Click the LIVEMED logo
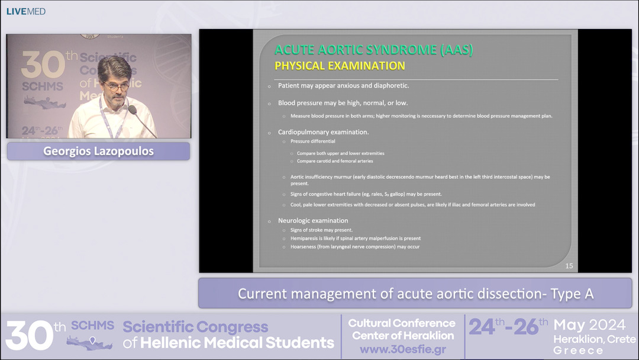click(x=26, y=11)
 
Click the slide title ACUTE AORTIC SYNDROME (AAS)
click(x=374, y=50)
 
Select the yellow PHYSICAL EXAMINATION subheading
click(x=340, y=66)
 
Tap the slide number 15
click(x=569, y=266)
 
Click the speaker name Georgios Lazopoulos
click(x=98, y=151)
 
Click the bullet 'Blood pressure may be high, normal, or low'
click(x=343, y=103)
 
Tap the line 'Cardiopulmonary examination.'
click(x=323, y=132)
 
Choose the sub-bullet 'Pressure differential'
click(x=312, y=142)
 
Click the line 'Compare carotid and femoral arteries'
click(x=335, y=161)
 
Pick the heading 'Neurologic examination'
click(x=313, y=221)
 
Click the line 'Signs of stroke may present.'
click(x=321, y=230)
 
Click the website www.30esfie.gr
click(x=402, y=349)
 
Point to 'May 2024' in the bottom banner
click(x=589, y=325)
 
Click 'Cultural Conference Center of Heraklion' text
click(x=402, y=329)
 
